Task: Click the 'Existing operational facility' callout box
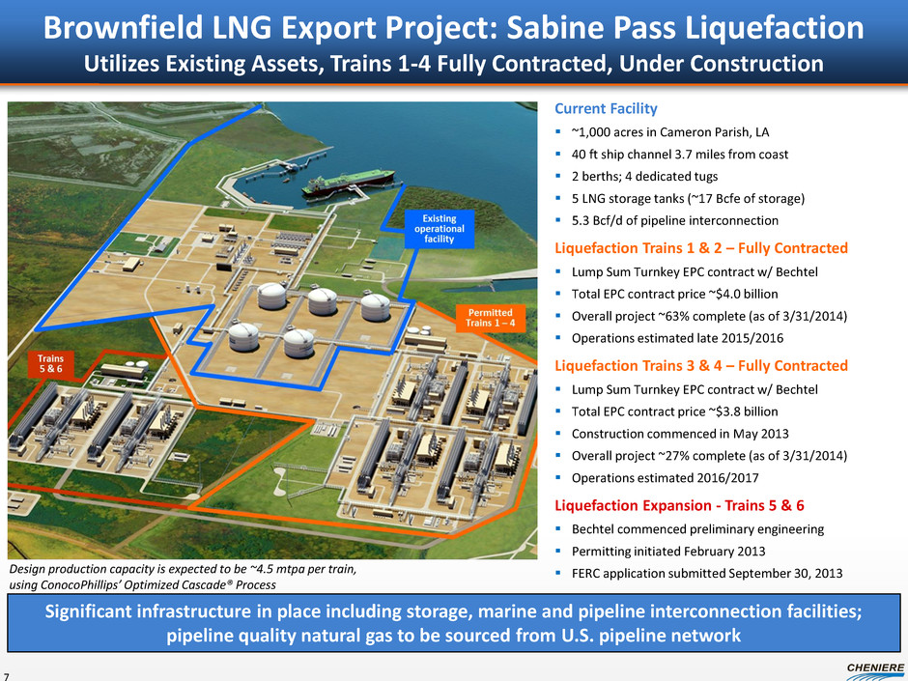coord(440,228)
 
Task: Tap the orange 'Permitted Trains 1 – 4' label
coord(492,316)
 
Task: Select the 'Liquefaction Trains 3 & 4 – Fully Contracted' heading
coord(701,365)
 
